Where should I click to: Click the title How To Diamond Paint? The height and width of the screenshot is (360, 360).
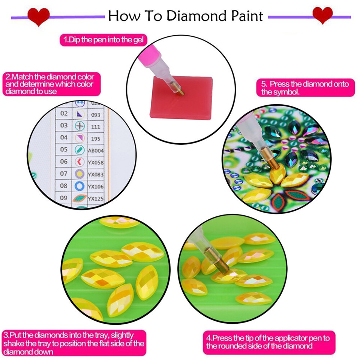coord(186,16)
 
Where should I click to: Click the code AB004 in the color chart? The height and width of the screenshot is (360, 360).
coord(96,150)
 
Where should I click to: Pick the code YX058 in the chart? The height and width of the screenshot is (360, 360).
coord(96,162)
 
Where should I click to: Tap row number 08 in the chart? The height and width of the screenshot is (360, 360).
coord(64,186)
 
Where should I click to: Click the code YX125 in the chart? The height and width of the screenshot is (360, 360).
coord(96,198)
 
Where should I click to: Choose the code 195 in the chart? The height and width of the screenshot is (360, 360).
coord(95,138)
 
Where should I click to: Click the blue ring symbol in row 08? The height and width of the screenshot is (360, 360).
coord(79,186)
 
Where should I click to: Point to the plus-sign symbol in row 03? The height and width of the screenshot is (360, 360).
coord(79,126)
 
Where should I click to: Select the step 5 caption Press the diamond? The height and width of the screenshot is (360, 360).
coord(305,88)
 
